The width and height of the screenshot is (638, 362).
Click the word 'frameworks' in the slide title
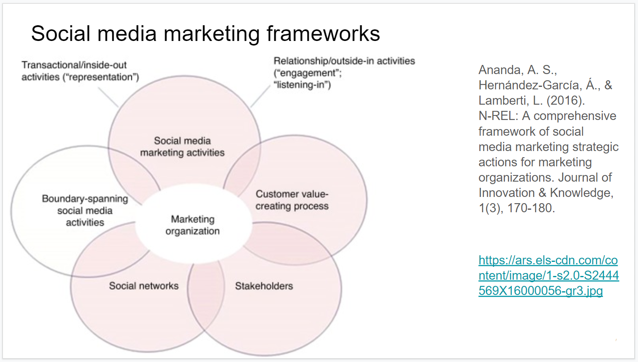coord(323,34)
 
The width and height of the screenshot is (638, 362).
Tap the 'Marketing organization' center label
coord(193,225)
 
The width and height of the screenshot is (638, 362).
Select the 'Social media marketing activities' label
coord(182,147)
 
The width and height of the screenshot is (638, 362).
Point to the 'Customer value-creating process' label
coord(292,200)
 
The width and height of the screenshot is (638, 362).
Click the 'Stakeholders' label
coord(264,286)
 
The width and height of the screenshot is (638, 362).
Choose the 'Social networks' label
coord(144,286)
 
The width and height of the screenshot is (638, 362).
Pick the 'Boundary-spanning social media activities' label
coord(85,211)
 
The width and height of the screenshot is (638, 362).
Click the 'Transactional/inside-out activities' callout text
coord(80,71)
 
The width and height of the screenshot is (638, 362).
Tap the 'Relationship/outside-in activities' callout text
coord(344,72)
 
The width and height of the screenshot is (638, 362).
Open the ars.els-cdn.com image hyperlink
coord(548,276)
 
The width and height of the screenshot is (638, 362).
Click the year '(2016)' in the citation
coord(565,101)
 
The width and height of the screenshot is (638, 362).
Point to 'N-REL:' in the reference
coord(498,116)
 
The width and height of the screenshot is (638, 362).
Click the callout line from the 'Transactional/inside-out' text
coord(108,98)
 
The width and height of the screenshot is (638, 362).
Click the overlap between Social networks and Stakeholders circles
coord(206,294)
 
